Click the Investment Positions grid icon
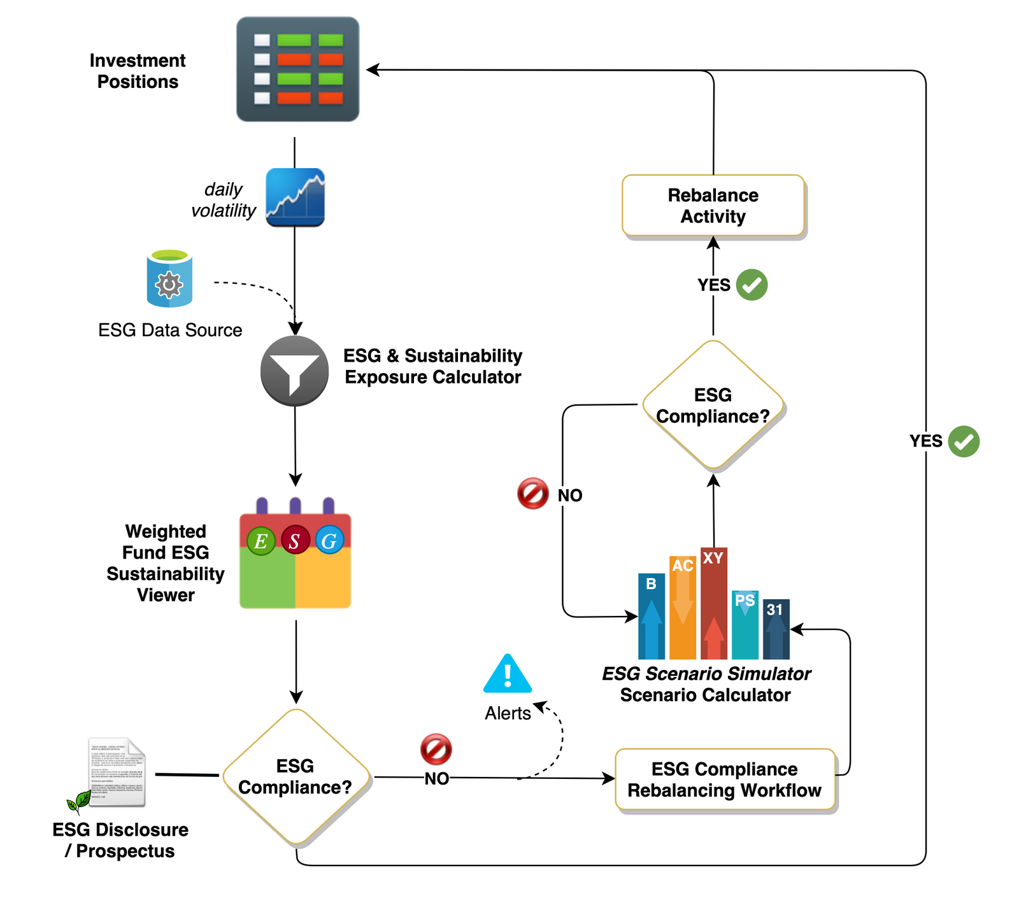(297, 69)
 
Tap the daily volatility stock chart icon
(295, 197)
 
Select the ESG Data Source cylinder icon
(169, 279)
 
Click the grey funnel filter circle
(294, 371)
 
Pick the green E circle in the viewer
(261, 541)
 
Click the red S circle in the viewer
(295, 541)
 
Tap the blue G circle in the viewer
(329, 541)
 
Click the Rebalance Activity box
(713, 206)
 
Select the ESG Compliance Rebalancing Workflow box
(724, 780)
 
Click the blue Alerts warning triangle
(508, 674)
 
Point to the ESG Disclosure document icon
(117, 773)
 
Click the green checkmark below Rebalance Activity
(752, 285)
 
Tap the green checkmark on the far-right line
(964, 441)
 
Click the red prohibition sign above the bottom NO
(436, 749)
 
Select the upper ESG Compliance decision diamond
(713, 405)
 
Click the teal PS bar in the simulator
(745, 624)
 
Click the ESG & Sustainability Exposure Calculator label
(432, 366)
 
